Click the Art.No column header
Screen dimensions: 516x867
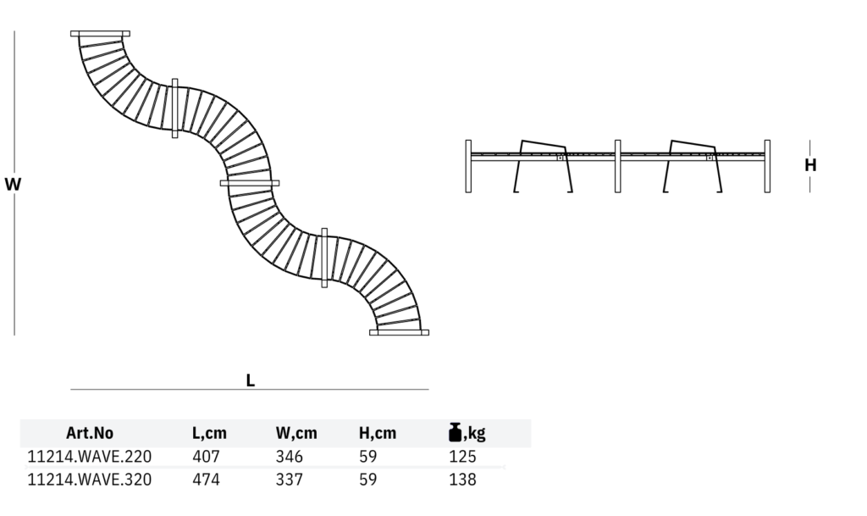point(89,434)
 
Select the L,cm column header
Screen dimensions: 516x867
point(209,434)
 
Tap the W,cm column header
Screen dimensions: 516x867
point(296,434)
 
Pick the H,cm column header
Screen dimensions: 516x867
point(378,434)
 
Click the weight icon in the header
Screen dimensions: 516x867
point(455,432)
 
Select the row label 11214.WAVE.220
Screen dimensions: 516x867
point(90,457)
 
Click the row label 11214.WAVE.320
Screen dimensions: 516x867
point(90,480)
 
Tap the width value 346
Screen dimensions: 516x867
point(290,457)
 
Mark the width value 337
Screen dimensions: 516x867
point(290,480)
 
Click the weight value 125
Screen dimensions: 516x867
point(463,457)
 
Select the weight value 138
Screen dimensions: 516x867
point(463,480)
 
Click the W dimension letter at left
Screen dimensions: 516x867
point(13,183)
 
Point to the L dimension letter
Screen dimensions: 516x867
point(250,380)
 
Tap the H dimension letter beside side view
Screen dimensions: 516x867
point(810,165)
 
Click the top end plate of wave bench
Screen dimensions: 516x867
point(100,34)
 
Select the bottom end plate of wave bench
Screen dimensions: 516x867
point(399,332)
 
